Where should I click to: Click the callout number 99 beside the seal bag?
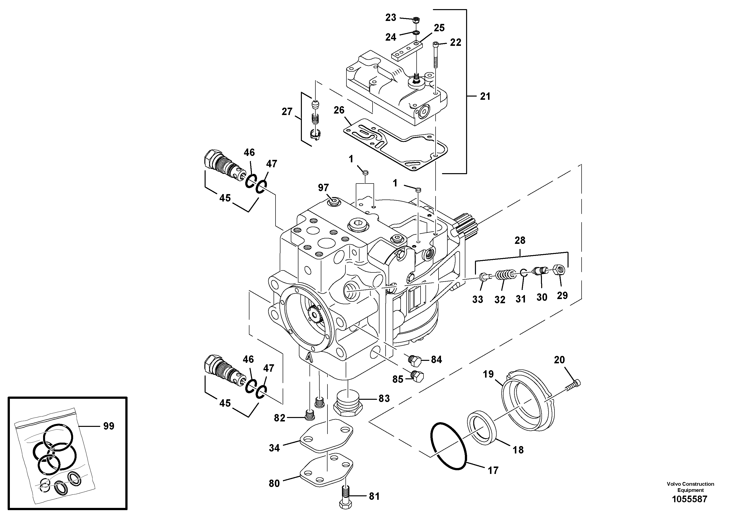click(109, 426)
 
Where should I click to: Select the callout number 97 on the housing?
click(323, 187)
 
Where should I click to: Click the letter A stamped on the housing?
click(309, 356)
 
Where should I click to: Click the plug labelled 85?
click(418, 377)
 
